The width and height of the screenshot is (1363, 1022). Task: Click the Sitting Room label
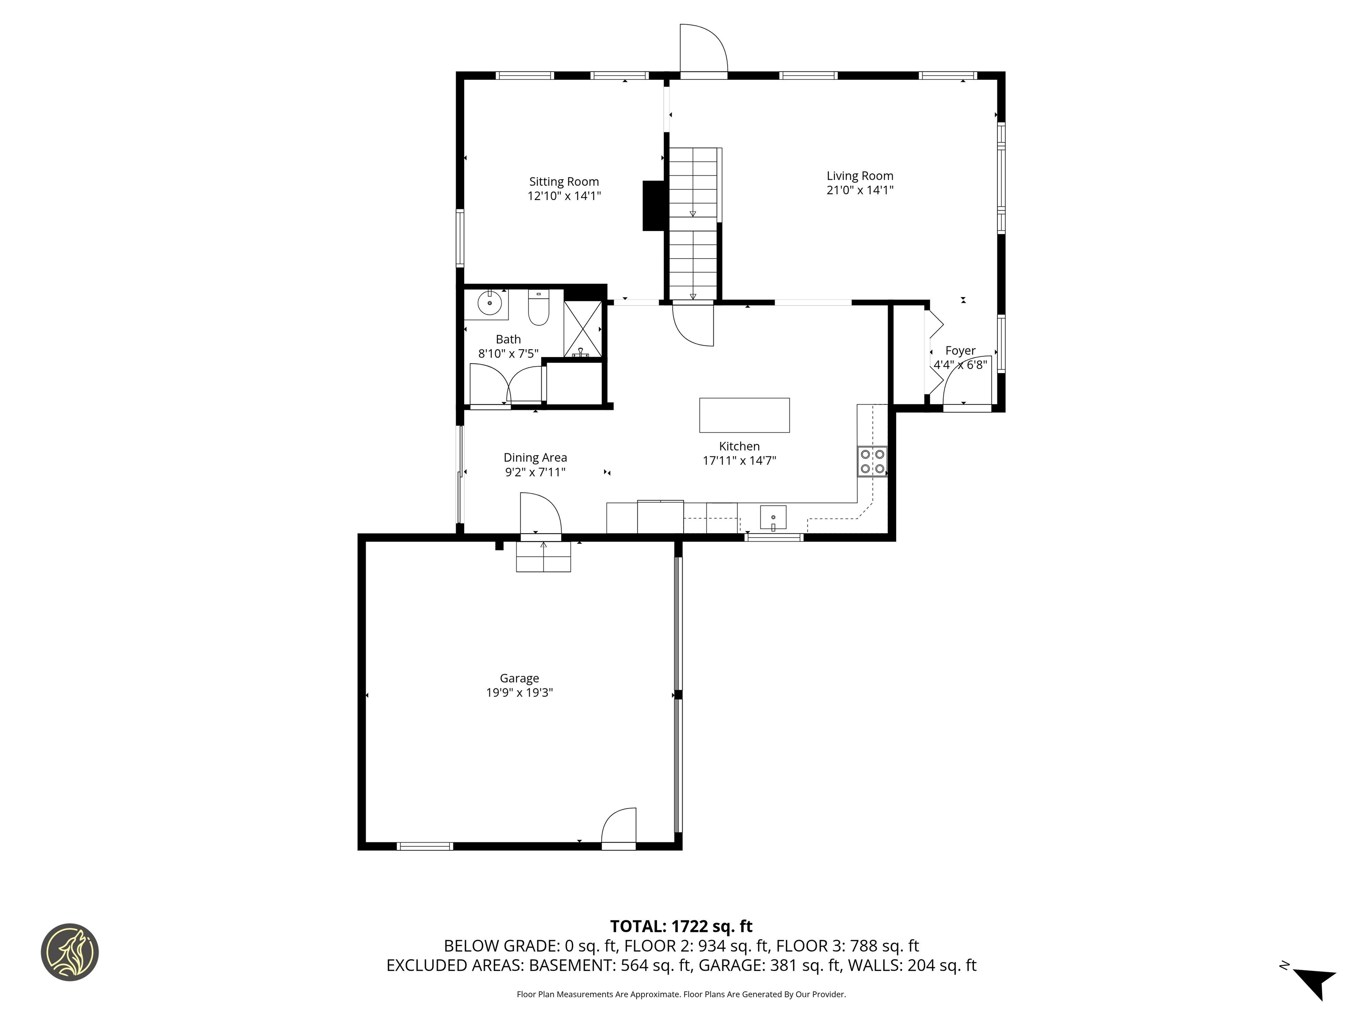(564, 182)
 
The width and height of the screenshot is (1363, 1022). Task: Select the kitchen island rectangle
(745, 415)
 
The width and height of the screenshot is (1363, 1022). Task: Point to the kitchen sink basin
(773, 518)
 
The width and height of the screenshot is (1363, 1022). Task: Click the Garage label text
(520, 678)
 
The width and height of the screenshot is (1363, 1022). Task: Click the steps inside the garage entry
(543, 558)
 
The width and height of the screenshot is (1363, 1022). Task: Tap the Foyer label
(960, 350)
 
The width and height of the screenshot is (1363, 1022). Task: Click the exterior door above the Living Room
(703, 49)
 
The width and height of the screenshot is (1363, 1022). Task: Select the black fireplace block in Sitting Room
(653, 206)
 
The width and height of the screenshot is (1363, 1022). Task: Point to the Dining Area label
(535, 458)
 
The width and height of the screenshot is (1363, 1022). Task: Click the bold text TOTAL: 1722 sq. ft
(681, 927)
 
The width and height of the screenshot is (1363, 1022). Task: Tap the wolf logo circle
(70, 952)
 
